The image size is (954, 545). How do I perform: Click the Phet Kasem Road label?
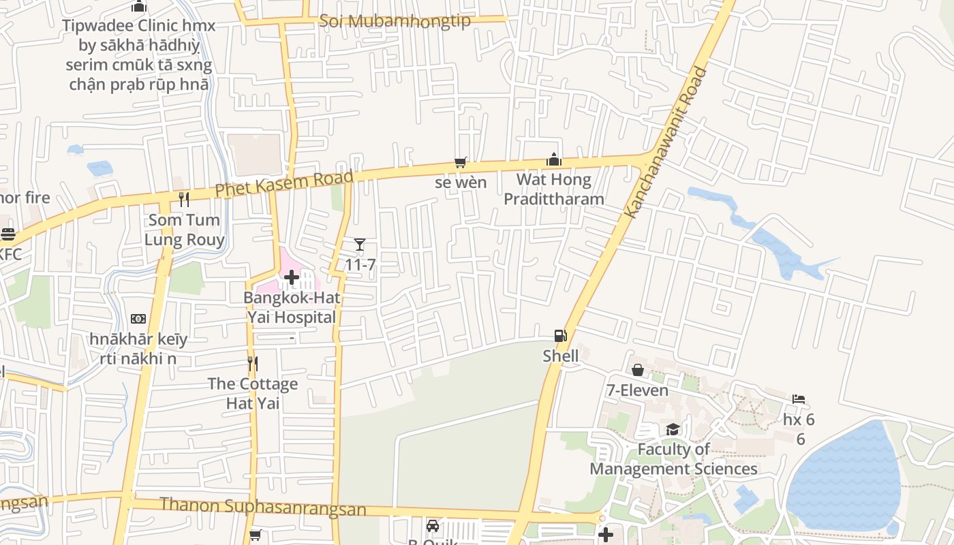[x=284, y=183]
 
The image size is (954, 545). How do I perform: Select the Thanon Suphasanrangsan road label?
[x=262, y=507]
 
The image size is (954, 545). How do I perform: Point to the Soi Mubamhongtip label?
[x=395, y=20]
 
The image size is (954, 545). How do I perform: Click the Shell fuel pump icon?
[x=560, y=335]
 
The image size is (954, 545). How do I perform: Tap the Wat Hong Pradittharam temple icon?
[x=553, y=159]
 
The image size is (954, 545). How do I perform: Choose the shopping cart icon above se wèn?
[x=461, y=162]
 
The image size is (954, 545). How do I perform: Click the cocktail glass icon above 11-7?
[x=360, y=245]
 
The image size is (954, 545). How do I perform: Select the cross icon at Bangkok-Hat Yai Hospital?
[x=292, y=277]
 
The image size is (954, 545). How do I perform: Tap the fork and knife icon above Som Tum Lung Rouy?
[x=183, y=199]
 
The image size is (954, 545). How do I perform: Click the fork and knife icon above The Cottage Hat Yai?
[x=252, y=363]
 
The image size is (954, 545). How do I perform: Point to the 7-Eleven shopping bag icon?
[x=637, y=370]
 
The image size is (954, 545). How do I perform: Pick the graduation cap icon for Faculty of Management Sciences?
[x=673, y=429]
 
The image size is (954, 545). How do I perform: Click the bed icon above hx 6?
[x=799, y=399]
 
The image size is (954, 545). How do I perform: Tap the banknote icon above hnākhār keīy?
[x=138, y=319]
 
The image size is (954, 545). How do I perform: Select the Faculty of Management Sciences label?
[x=673, y=459]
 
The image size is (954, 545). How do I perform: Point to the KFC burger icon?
[x=8, y=234]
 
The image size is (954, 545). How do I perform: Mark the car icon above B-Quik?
[x=432, y=525]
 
